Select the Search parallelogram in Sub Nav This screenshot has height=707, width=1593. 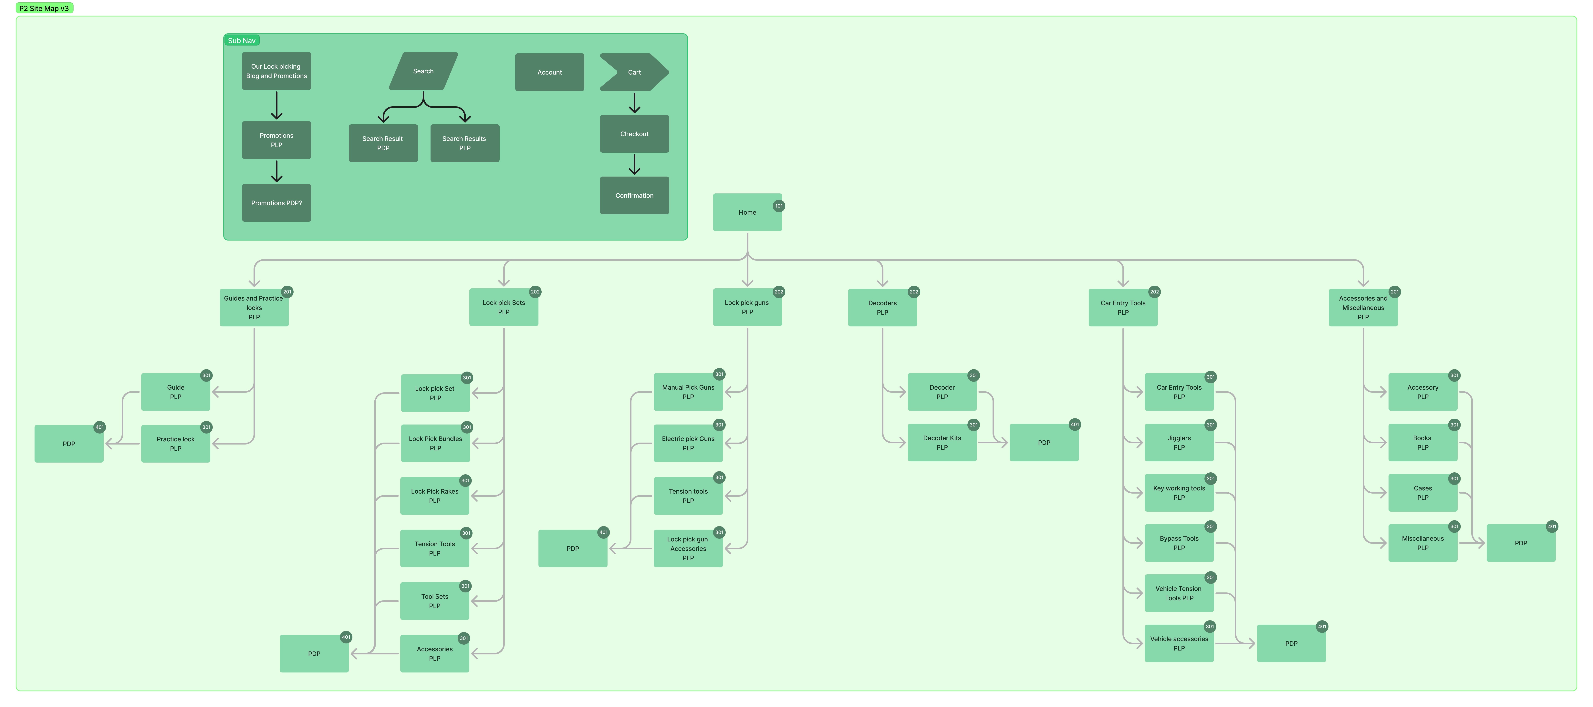tap(423, 71)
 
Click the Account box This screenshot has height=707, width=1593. tap(549, 72)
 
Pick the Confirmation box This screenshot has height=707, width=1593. tap(634, 195)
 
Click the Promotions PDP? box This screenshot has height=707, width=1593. tap(276, 203)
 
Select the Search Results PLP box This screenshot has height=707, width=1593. tap(464, 143)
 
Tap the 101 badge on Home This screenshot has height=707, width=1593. tap(779, 206)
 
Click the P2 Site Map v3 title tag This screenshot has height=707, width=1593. tap(44, 8)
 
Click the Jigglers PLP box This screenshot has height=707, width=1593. tap(1179, 443)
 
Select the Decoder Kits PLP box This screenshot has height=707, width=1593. tap(941, 443)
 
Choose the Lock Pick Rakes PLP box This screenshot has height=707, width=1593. tap(435, 496)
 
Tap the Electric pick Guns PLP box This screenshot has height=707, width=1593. tap(688, 443)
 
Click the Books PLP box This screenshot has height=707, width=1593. tap(1422, 443)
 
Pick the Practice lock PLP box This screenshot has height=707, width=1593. tap(176, 444)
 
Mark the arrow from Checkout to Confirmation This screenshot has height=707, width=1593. tap(634, 164)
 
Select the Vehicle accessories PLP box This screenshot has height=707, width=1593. tap(1179, 643)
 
